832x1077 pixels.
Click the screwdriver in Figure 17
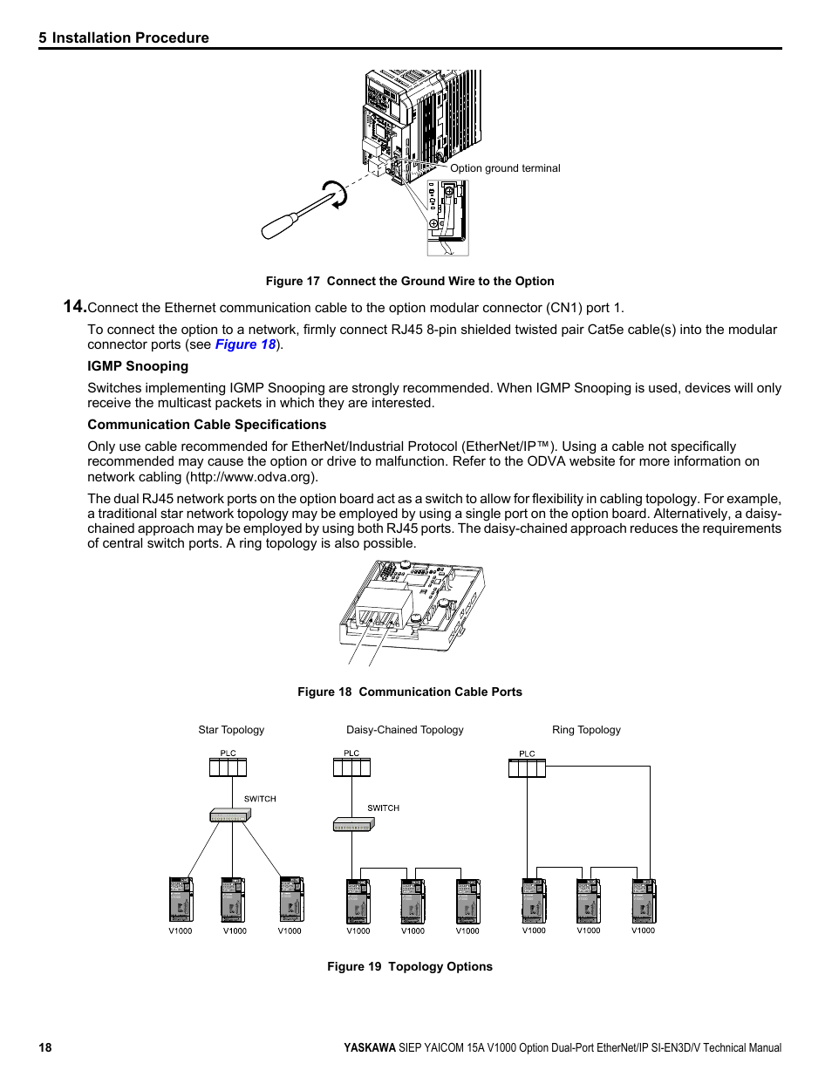click(297, 216)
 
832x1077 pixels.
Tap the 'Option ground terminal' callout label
click(505, 168)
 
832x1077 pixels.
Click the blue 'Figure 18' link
click(245, 344)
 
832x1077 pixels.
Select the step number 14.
click(74, 306)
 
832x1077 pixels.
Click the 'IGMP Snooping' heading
click(138, 366)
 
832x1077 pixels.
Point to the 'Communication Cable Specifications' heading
click(207, 425)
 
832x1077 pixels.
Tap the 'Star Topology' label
click(231, 730)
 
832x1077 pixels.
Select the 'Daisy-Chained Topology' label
click(405, 730)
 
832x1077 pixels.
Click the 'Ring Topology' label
click(586, 730)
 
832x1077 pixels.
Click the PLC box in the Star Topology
click(228, 767)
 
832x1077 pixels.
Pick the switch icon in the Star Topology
click(230, 815)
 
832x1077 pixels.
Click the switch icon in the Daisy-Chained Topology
click(353, 824)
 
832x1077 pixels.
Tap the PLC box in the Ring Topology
click(527, 767)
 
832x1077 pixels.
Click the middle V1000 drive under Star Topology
click(234, 900)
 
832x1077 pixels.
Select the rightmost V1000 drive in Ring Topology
click(644, 900)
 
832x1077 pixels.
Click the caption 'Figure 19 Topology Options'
click(410, 966)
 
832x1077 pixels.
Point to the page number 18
click(45, 1047)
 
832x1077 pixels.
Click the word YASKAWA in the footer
click(369, 1047)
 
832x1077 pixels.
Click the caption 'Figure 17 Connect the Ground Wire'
click(410, 281)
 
